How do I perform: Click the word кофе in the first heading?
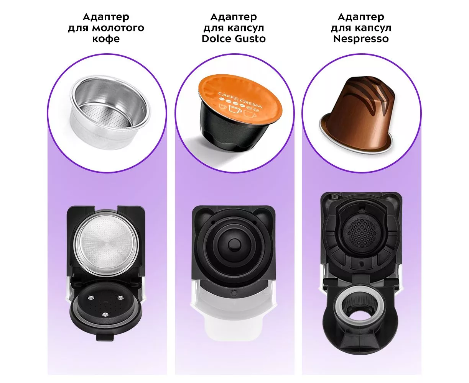coord(106,39)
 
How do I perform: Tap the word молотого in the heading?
coord(118,28)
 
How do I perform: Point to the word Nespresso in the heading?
coord(361,39)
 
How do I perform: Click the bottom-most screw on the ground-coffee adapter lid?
coord(105,314)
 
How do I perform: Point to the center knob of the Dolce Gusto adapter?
coord(234,244)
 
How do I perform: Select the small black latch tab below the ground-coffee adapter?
coord(105,337)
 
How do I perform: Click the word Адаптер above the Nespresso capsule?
coord(361,17)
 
